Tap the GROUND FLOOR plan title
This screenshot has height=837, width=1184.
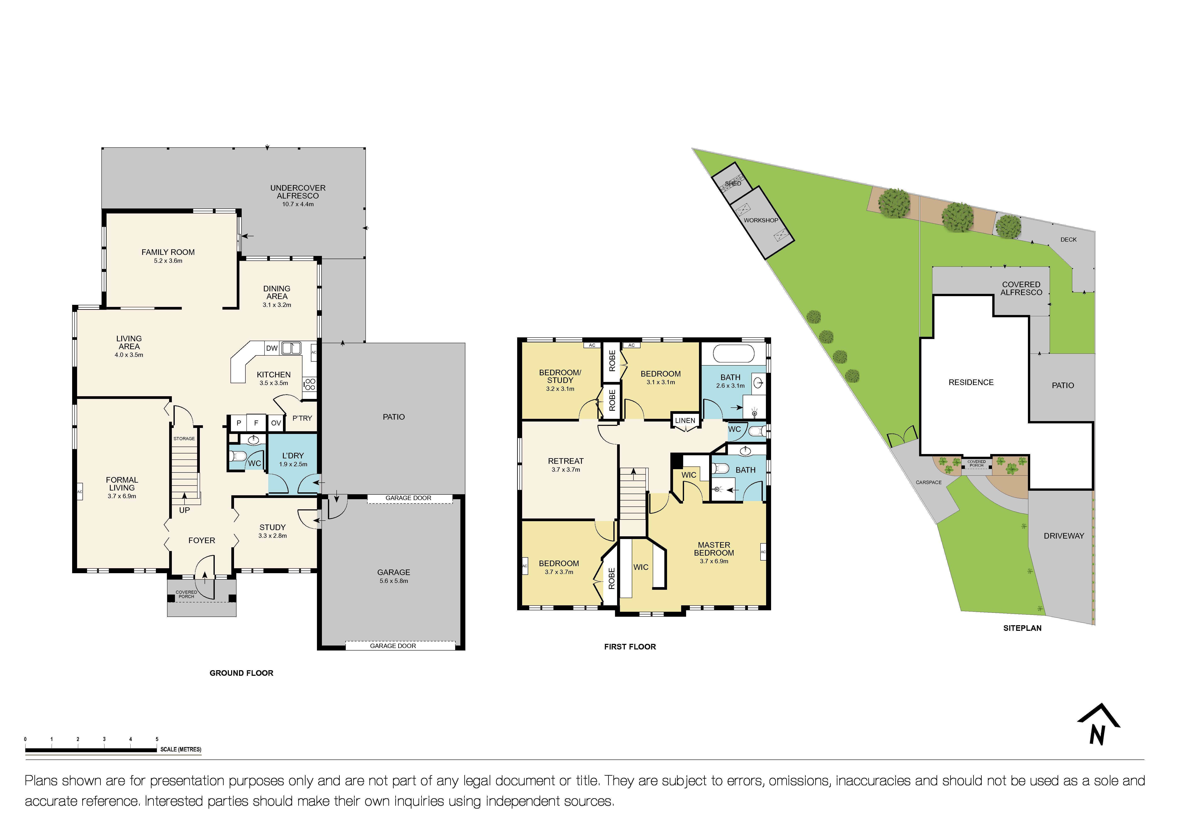241,673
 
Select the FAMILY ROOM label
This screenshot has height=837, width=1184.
168,252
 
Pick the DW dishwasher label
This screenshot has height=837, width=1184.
272,348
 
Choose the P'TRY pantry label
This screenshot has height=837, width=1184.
302,418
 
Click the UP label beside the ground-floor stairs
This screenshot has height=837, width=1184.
184,510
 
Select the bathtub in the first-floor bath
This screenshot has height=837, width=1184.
733,354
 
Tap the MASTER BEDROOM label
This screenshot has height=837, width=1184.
714,549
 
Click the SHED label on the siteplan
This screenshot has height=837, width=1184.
733,183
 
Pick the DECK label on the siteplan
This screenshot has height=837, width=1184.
1069,240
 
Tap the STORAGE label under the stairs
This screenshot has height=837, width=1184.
184,438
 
